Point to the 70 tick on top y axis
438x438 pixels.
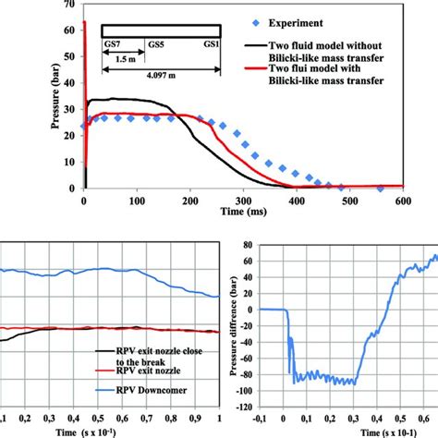tap(69, 6)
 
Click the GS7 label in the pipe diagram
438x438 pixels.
tap(112, 44)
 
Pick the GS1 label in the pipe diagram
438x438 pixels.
tap(213, 44)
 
